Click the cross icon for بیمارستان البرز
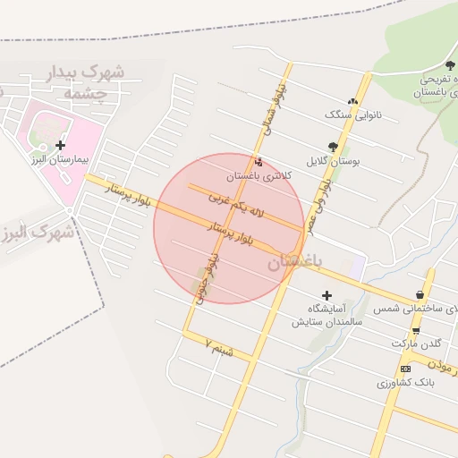pos(60,145)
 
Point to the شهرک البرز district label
pos(36,232)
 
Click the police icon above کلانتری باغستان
pos(259,162)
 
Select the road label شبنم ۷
pos(218,347)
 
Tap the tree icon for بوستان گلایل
pos(334,147)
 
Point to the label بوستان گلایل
pos(333,162)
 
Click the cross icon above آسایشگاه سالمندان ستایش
pos(327,295)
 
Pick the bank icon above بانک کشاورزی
pos(406,369)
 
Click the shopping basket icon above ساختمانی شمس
pos(420,294)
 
